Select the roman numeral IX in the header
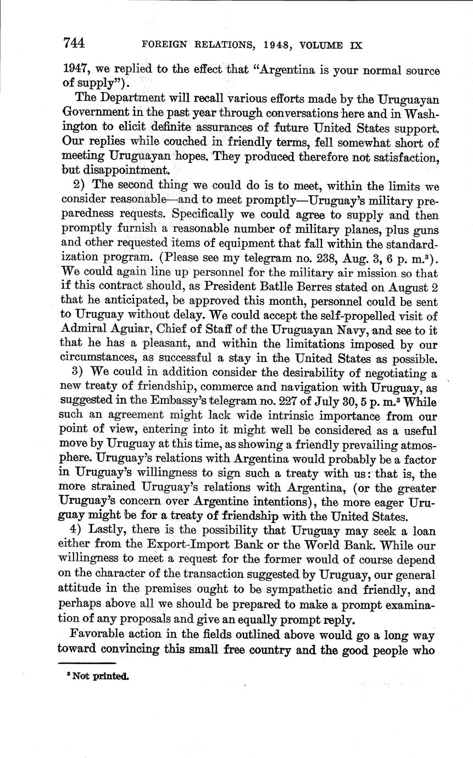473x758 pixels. coord(355,45)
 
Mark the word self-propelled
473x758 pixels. coord(323,316)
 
